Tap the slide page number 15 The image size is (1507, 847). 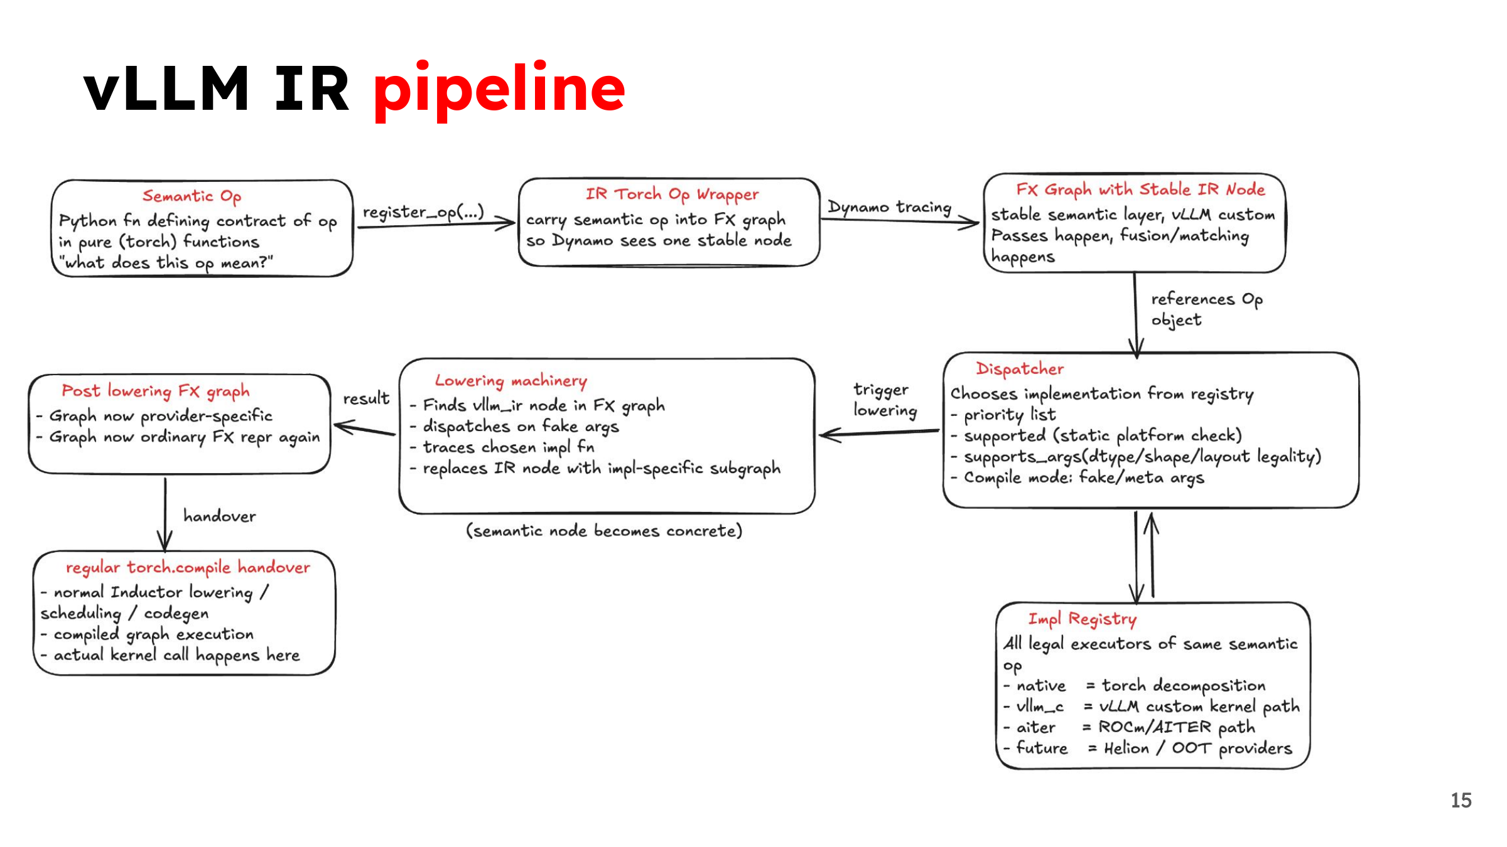(1461, 801)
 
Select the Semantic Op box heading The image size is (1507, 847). (192, 196)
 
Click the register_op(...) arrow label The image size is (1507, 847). (423, 212)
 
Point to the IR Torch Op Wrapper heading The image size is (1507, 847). (672, 194)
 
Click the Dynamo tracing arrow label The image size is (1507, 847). (889, 207)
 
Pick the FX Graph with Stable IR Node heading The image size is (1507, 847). (1140, 189)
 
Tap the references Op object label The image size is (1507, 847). (1206, 309)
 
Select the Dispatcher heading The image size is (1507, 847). (1020, 369)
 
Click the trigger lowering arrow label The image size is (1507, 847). (885, 400)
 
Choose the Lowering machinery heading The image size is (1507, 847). (510, 381)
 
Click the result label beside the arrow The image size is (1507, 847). (366, 398)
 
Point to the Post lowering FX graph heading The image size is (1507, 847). (155, 392)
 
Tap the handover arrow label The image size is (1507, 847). (220, 516)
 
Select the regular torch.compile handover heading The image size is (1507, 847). (188, 568)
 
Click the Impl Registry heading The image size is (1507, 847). (1082, 619)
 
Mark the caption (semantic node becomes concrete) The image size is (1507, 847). (604, 531)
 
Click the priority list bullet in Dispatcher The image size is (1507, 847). (1003, 415)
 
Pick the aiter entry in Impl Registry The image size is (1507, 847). (1030, 728)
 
